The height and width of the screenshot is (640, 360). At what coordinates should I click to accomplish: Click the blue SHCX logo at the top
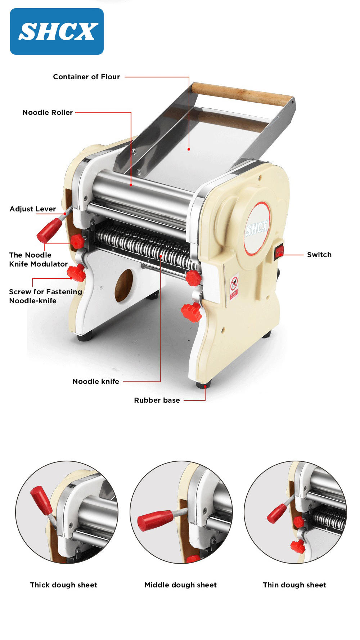(57, 31)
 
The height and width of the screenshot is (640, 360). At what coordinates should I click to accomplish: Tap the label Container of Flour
(86, 77)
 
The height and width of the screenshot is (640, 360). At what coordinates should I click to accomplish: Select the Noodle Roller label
(48, 112)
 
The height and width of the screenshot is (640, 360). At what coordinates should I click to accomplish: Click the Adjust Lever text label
(33, 209)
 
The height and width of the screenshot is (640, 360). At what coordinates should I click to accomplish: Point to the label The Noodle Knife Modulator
(38, 259)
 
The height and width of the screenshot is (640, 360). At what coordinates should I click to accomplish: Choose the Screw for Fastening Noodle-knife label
(45, 296)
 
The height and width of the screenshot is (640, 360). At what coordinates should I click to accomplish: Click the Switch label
(319, 255)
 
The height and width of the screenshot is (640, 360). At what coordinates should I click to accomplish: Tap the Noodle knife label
(96, 381)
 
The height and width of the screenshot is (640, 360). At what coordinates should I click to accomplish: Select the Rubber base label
(157, 400)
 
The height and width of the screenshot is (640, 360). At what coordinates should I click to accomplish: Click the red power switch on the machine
(279, 252)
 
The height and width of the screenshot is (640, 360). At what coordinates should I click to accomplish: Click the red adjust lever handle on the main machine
(49, 230)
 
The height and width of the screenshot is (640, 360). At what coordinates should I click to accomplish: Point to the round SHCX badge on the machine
(257, 228)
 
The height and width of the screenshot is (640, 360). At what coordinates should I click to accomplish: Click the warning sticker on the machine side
(234, 287)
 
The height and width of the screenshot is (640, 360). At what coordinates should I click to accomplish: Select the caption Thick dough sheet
(64, 585)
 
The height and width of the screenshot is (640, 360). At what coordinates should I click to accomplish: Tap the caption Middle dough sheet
(180, 585)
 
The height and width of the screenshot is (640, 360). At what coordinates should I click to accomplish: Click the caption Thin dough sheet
(294, 585)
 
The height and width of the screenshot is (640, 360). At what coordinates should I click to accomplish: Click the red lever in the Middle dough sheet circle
(156, 520)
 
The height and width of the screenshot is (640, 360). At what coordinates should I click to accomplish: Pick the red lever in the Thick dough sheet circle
(41, 500)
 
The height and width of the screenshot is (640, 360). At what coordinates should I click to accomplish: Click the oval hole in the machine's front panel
(124, 286)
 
